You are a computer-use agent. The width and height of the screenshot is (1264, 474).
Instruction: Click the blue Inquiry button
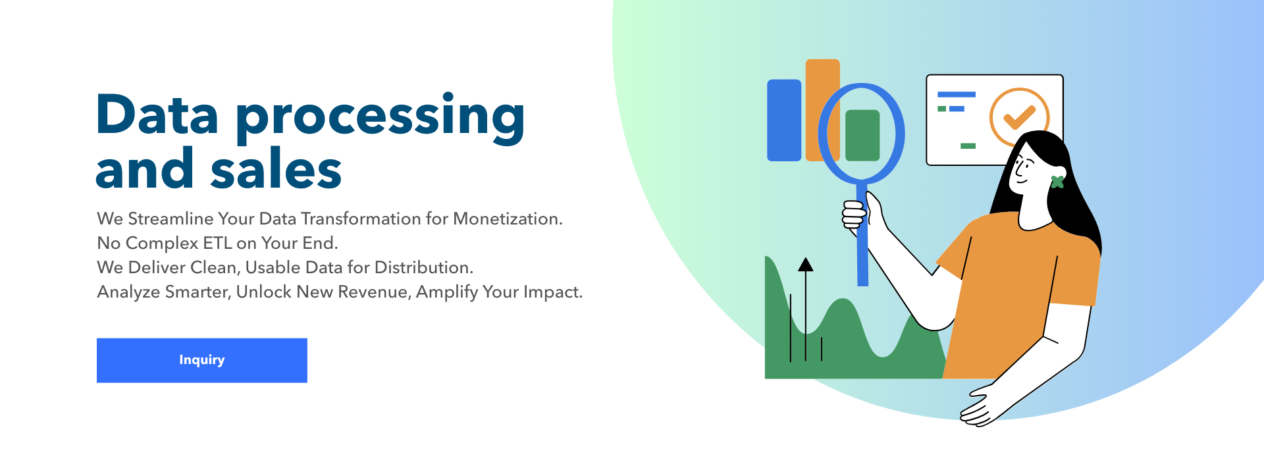point(201,360)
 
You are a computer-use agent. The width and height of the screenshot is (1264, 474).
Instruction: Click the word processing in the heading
point(381,118)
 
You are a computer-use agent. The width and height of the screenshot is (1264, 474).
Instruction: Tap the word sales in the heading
point(276,169)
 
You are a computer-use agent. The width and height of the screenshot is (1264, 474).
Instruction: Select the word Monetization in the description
point(508,219)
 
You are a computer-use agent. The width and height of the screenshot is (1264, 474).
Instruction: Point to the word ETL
point(217,243)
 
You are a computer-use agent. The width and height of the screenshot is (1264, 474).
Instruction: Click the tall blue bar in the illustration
point(784,120)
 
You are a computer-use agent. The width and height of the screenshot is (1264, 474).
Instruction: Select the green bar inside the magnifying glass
point(862,136)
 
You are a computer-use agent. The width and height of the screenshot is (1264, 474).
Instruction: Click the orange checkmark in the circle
point(1019,117)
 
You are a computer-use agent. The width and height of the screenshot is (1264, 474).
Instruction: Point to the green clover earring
point(1057,182)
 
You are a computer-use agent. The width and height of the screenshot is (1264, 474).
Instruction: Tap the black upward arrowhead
point(806,264)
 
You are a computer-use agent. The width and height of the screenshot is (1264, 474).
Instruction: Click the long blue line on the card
point(957,95)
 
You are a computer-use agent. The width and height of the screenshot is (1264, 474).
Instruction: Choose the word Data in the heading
point(157,115)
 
